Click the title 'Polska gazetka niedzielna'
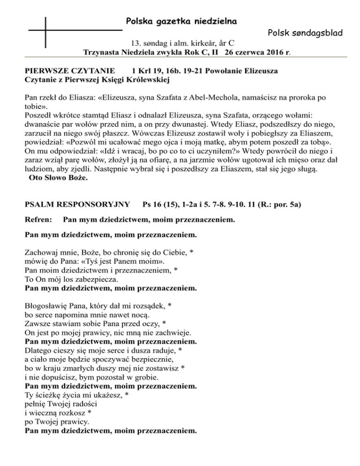pyautogui.click(x=181, y=22)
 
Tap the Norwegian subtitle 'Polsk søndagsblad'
pyautogui.click(x=305, y=33)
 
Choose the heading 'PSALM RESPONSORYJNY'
pyautogui.click(x=70, y=204)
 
